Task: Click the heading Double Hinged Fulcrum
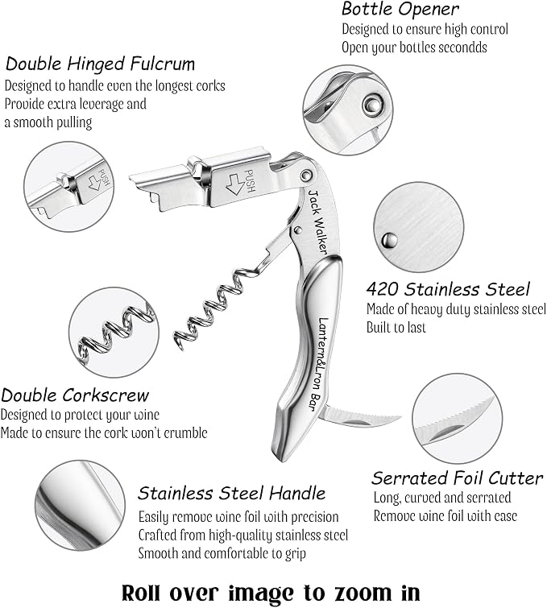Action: coord(100,64)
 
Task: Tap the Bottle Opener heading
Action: coord(400,10)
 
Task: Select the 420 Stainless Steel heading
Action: coord(448,289)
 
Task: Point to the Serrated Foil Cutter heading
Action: coord(457,478)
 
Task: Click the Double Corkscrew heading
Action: coord(75,395)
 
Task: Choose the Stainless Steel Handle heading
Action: coord(231,493)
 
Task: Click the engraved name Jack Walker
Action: coord(317,221)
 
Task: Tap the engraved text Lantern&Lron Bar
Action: coord(319,364)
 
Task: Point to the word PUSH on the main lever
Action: coord(250,181)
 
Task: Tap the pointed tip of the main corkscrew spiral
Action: coord(180,347)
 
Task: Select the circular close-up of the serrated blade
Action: coord(457,419)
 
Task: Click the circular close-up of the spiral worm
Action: coord(114,333)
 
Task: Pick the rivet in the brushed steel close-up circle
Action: coord(389,241)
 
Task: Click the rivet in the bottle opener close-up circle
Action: coord(373,104)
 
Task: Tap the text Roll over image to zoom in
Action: coord(271,594)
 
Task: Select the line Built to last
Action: coord(396,327)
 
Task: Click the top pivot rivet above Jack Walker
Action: coord(306,176)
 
